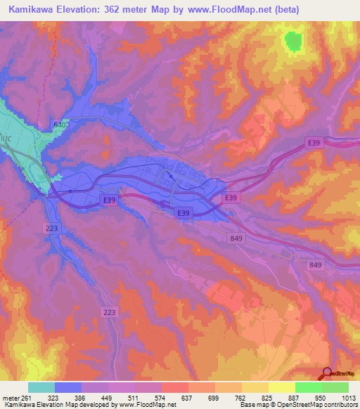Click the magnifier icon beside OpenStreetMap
327,373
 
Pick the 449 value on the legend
106,398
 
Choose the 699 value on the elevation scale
212,398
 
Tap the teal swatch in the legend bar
41,387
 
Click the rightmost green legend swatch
335,387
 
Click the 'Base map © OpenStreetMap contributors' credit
298,405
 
